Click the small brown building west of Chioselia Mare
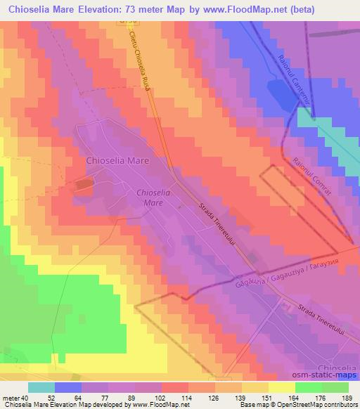pyautogui.click(x=84, y=184)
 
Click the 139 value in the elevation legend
pyautogui.click(x=229, y=398)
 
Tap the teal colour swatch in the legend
pyautogui.click(x=41, y=387)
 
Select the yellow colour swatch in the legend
pyautogui.click(x=282, y=387)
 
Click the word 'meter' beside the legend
pyautogui.click(x=9, y=398)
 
